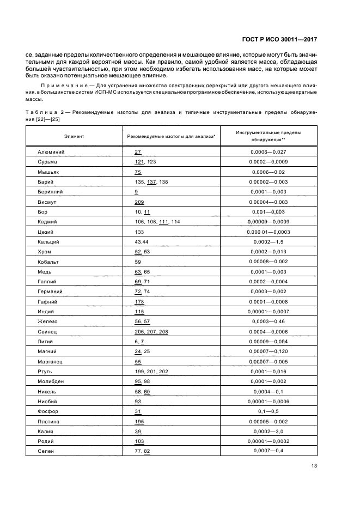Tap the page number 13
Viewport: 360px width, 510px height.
(x=314, y=466)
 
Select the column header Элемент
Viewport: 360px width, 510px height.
(x=74, y=136)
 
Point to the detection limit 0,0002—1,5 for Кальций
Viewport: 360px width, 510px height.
(x=268, y=242)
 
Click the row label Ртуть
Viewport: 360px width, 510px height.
(x=45, y=372)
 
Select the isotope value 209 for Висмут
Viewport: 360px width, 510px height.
(x=139, y=202)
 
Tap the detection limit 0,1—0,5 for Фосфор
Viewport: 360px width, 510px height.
(x=268, y=412)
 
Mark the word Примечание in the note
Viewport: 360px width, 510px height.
(x=60, y=86)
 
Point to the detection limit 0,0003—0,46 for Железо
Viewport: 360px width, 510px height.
(x=268, y=321)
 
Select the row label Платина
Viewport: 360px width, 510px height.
(x=48, y=422)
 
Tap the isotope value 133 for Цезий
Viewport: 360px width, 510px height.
(x=139, y=232)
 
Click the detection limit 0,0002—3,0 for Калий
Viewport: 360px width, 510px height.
(x=268, y=432)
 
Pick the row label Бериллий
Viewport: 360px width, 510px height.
(x=50, y=192)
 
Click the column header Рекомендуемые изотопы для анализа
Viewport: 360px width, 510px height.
(x=172, y=136)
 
